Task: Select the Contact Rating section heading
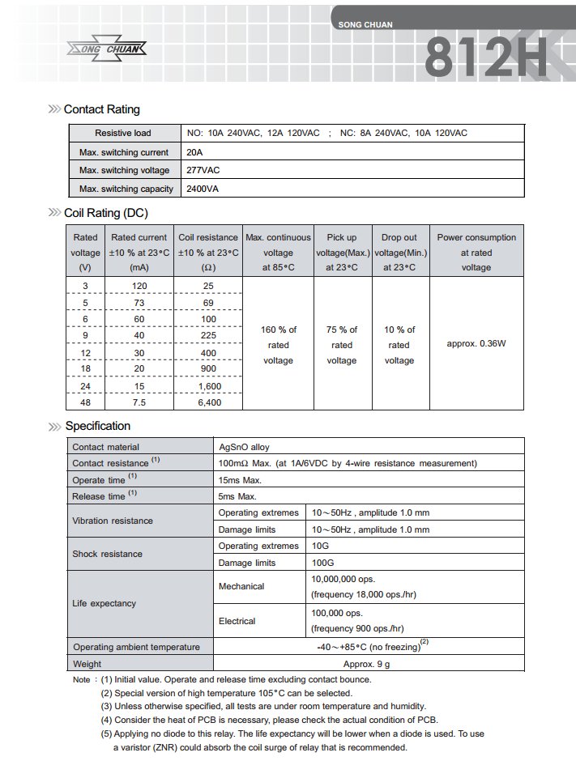pyautogui.click(x=101, y=109)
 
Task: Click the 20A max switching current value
pyautogui.click(x=195, y=152)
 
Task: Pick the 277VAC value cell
pyautogui.click(x=203, y=170)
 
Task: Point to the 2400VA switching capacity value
pyautogui.click(x=203, y=189)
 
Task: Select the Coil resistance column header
pyautogui.click(x=208, y=252)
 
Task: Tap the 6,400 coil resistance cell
pyautogui.click(x=208, y=402)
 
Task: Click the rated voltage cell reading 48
pyautogui.click(x=85, y=402)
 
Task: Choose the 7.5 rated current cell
pyautogui.click(x=139, y=402)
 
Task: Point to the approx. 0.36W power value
pyautogui.click(x=476, y=343)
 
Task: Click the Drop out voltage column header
pyautogui.click(x=399, y=252)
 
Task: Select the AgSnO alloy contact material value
pyautogui.click(x=245, y=447)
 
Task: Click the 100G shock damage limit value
pyautogui.click(x=322, y=563)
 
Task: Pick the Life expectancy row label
pyautogui.click(x=105, y=603)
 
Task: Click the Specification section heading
pyautogui.click(x=97, y=426)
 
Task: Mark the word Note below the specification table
pyautogui.click(x=81, y=679)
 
